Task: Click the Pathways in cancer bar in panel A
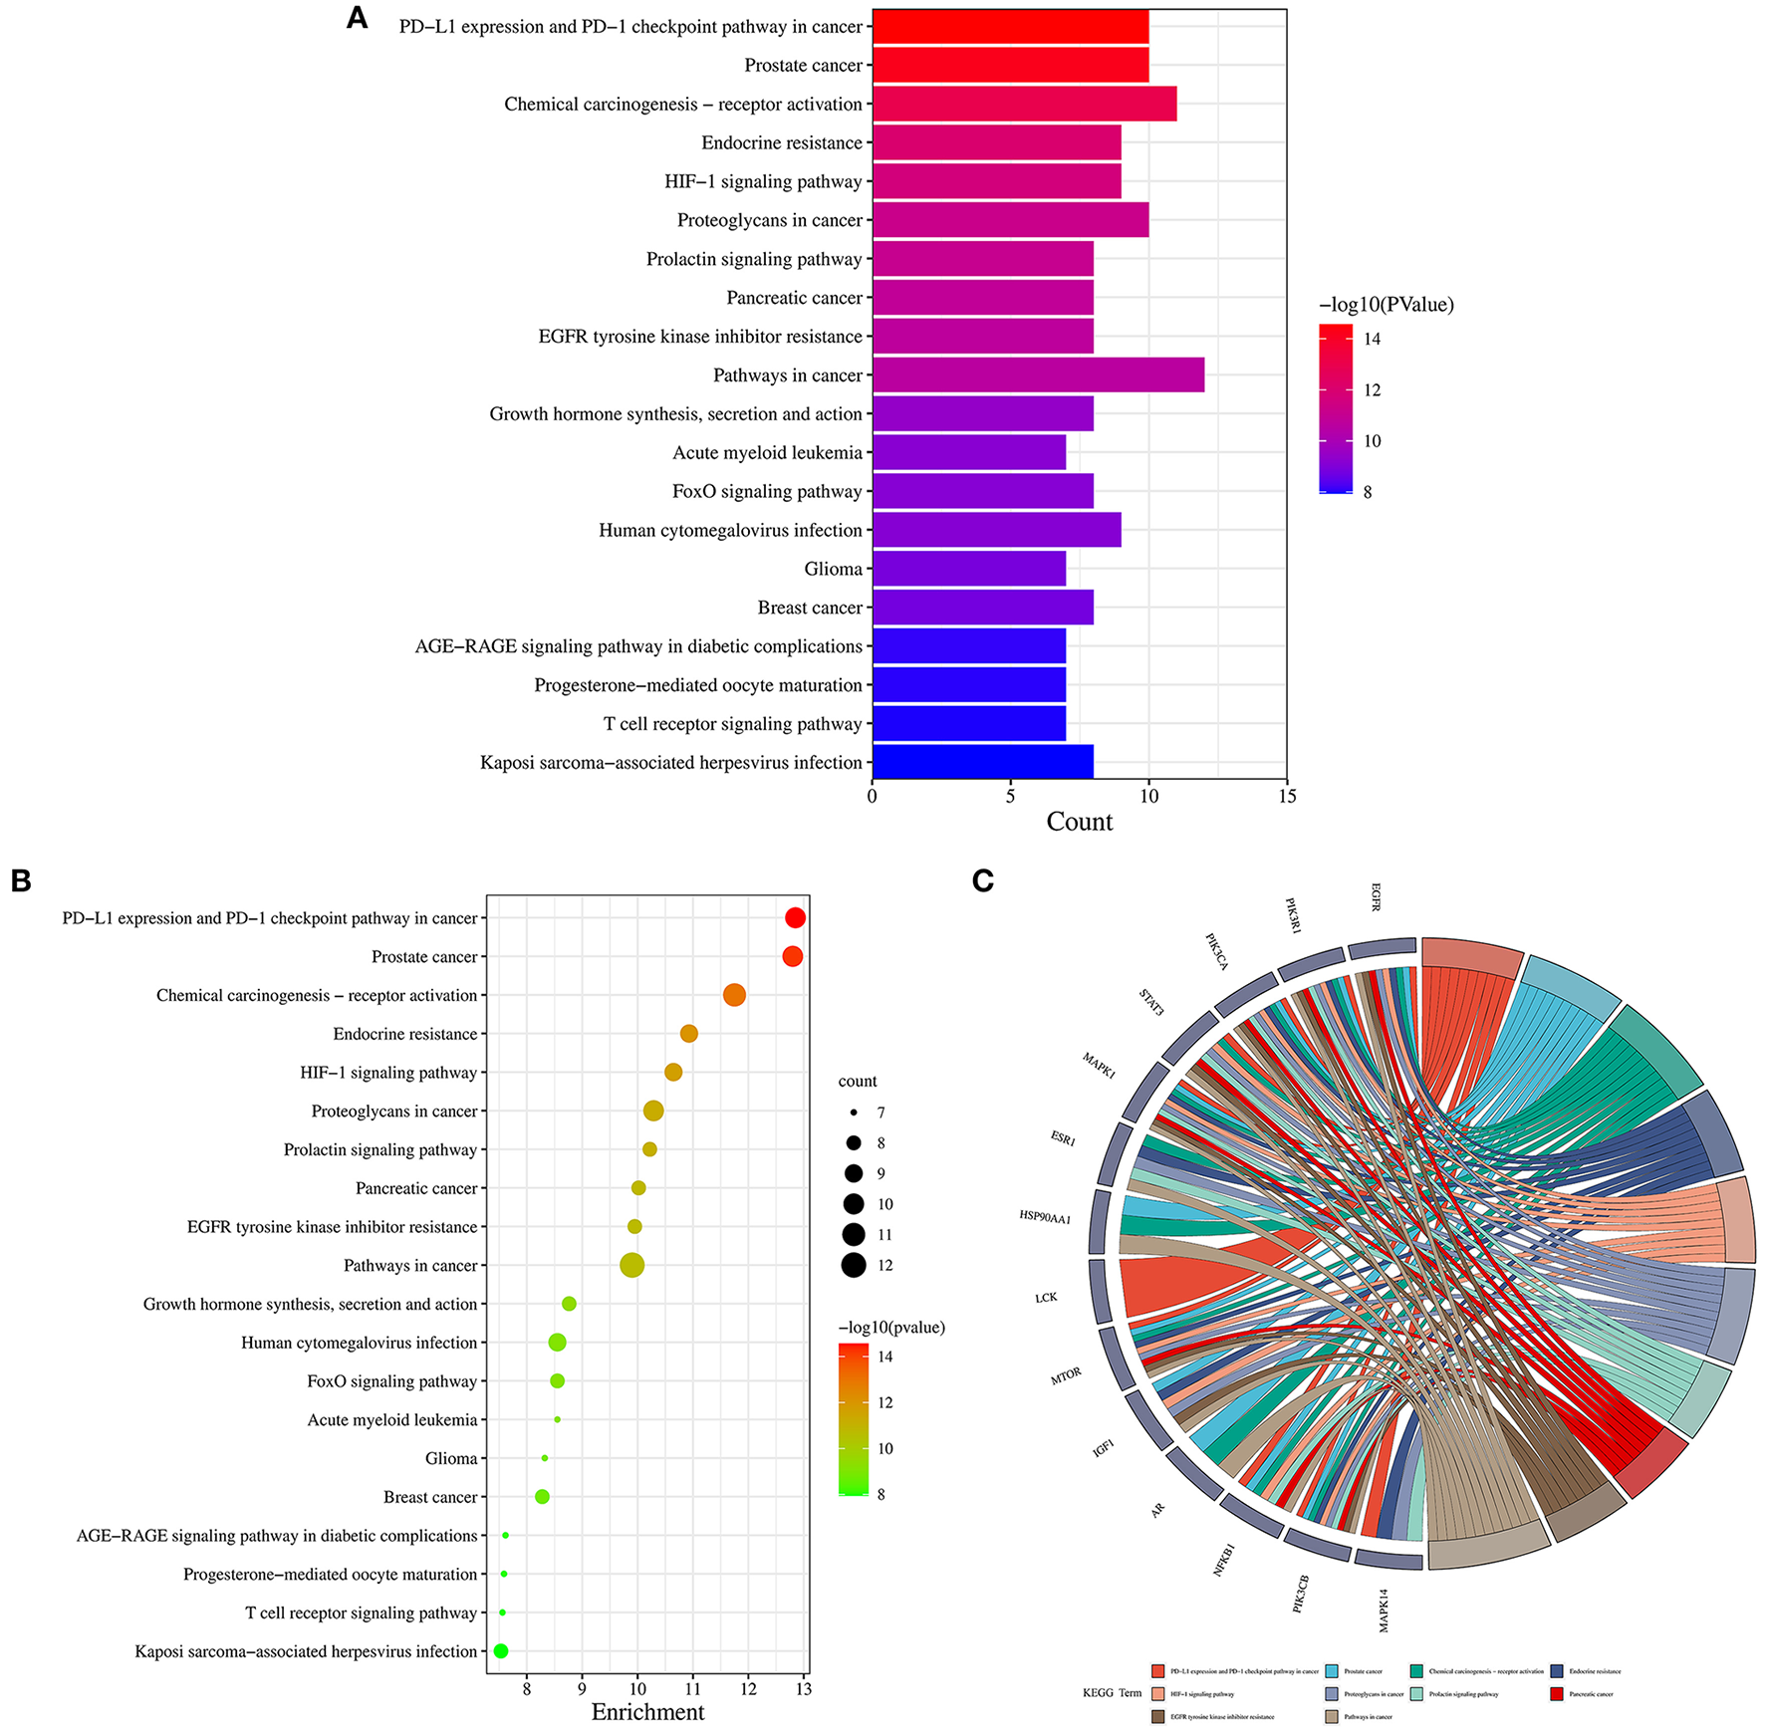coord(1038,375)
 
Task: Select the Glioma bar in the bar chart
coord(969,569)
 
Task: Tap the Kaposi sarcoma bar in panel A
coord(983,762)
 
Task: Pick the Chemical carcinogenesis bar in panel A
coord(1024,104)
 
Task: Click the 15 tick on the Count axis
coord(1287,796)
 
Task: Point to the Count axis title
coord(1079,822)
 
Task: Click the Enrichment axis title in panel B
coord(647,1712)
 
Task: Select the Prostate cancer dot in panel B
coord(793,956)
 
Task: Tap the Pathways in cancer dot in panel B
coord(631,1265)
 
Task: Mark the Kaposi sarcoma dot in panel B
coord(501,1651)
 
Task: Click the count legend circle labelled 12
coord(854,1265)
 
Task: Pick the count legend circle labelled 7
coord(854,1112)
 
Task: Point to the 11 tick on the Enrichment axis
coord(693,1689)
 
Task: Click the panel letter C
coord(983,880)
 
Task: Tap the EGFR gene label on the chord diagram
coord(1376,896)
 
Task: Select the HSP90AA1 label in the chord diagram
coord(1045,1217)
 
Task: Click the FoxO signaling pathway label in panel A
coord(767,491)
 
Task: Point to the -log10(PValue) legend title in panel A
coord(1386,305)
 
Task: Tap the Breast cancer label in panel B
coord(430,1497)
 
